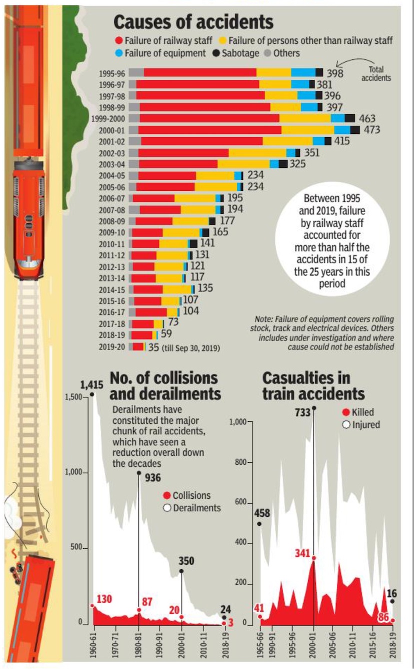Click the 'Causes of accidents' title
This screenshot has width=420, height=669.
click(193, 22)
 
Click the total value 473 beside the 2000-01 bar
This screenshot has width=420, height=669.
click(372, 130)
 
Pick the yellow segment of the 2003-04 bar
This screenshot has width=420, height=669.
click(243, 164)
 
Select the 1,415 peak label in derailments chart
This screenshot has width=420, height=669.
click(92, 385)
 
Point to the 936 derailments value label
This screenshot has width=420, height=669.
click(152, 478)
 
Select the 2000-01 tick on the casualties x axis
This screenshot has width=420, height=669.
click(314, 645)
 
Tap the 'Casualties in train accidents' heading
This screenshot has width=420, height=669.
click(313, 385)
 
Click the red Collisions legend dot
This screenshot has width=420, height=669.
click(167, 496)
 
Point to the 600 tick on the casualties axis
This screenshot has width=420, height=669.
click(241, 503)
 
